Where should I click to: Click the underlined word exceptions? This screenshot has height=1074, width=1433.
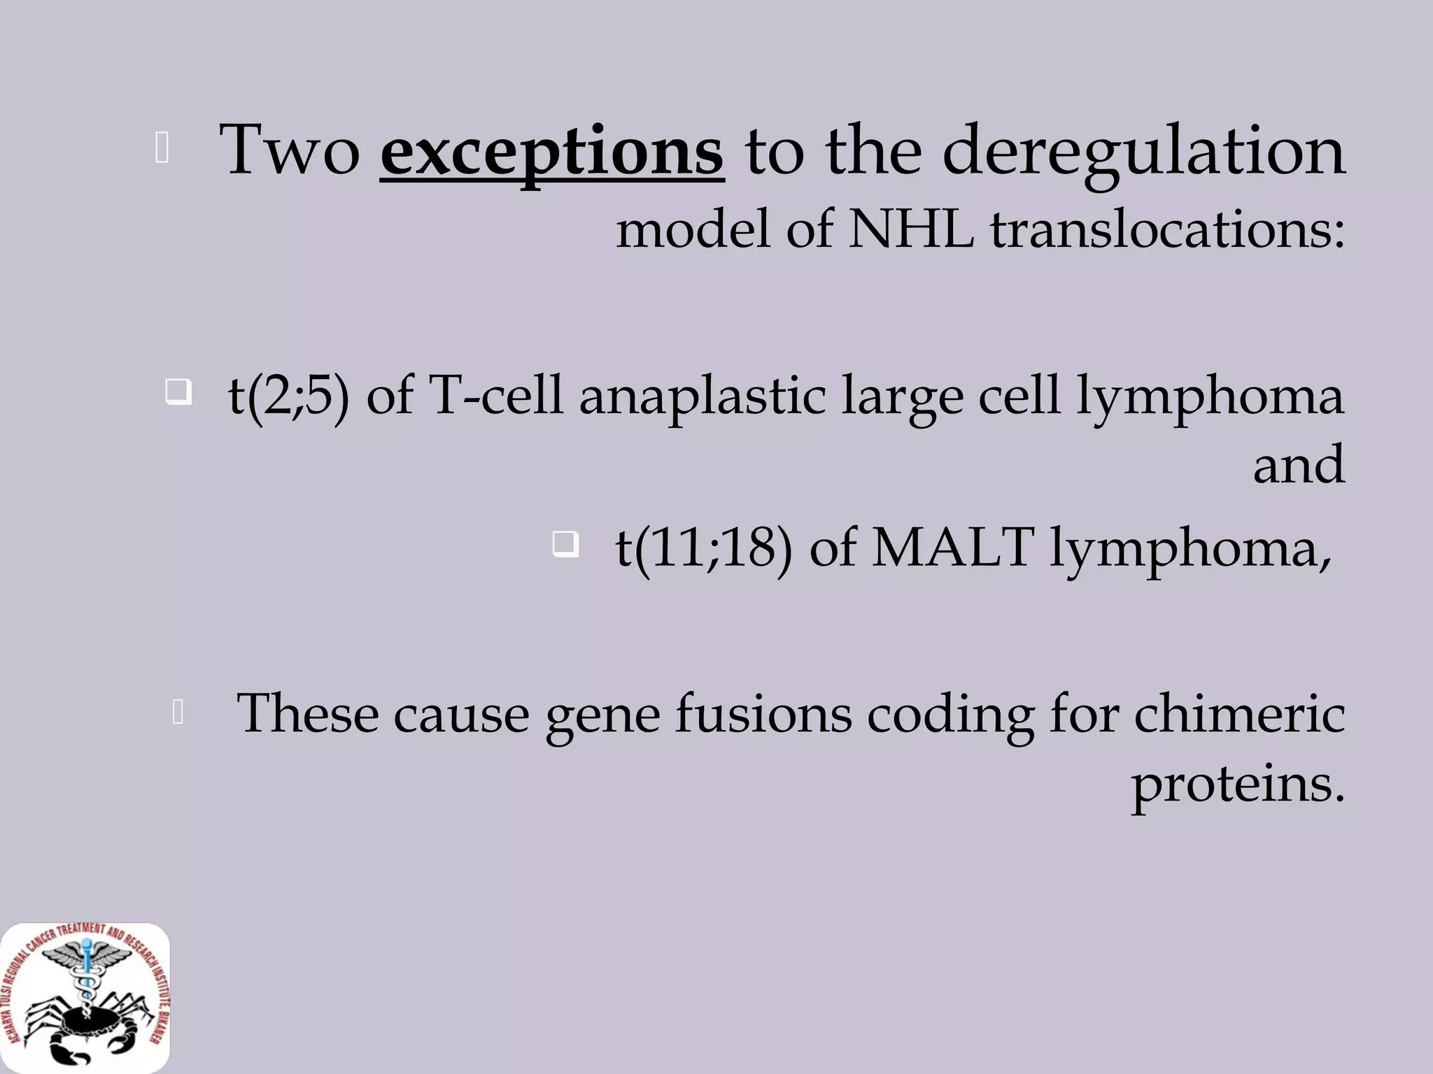551,150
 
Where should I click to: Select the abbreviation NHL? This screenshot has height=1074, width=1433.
911,228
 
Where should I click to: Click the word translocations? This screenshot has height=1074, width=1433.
1167,228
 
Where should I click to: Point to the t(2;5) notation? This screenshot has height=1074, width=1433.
288,396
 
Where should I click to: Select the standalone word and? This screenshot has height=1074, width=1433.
1299,464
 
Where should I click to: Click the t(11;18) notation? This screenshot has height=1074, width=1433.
704,547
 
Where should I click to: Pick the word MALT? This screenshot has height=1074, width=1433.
953,547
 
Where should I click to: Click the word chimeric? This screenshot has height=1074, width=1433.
1239,714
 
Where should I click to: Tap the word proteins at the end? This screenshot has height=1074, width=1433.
1238,784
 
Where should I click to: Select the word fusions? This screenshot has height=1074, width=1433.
763,714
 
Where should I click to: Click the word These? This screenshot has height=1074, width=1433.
307,714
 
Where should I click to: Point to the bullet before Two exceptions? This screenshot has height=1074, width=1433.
162,149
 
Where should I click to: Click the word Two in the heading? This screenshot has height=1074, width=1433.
290,150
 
